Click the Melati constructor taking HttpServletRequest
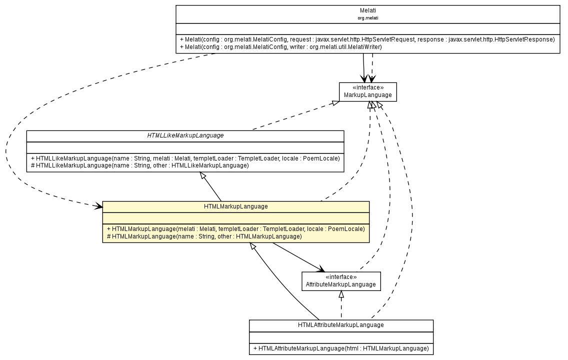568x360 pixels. [367, 39]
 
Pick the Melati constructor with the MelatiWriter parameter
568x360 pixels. [280, 47]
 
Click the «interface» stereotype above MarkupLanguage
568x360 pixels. [367, 87]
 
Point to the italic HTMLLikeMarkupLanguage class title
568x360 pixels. [185, 135]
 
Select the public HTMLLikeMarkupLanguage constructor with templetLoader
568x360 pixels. [185, 158]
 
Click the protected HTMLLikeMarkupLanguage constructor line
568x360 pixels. [139, 165]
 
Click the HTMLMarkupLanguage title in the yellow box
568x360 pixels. [235, 206]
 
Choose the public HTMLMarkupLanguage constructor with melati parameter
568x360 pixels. [235, 228]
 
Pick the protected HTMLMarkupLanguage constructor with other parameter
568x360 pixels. [204, 236]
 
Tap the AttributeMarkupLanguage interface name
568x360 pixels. [340, 284]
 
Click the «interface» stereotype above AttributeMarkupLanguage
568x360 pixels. [340, 277]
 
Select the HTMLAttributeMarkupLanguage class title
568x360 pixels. [340, 325]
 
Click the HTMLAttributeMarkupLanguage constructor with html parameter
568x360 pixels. [340, 348]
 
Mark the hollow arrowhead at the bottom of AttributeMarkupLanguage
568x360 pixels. [341, 294]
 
